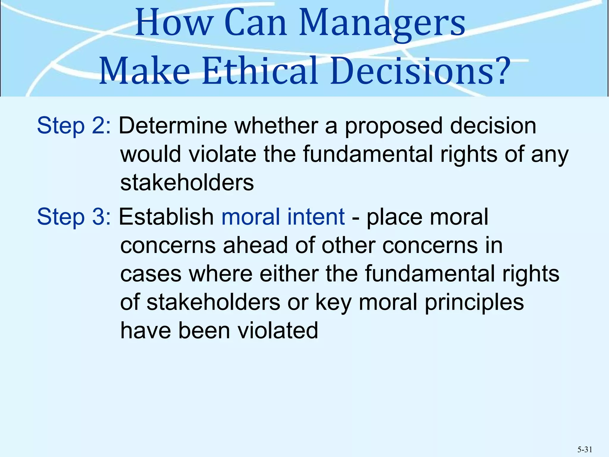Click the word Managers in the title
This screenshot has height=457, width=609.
382,24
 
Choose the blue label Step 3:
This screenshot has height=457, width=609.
74,217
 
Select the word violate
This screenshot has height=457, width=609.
222,154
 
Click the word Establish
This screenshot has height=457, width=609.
166,217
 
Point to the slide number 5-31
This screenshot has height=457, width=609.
585,450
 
